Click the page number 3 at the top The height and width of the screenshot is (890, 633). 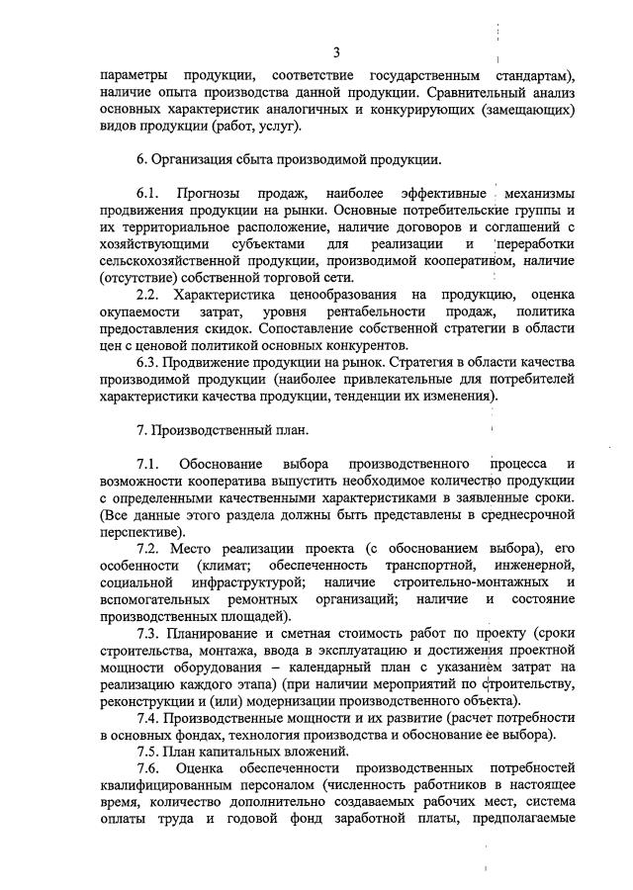[x=336, y=52]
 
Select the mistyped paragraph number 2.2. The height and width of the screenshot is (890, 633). [x=148, y=295]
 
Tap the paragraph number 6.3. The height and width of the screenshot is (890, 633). [x=148, y=364]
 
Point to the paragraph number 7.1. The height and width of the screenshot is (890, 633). [x=148, y=464]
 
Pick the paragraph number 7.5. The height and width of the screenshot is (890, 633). [x=148, y=750]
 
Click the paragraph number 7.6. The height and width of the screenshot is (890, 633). [x=148, y=767]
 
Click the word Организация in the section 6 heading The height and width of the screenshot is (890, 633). [x=197, y=157]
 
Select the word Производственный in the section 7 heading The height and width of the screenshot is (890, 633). [x=211, y=430]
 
